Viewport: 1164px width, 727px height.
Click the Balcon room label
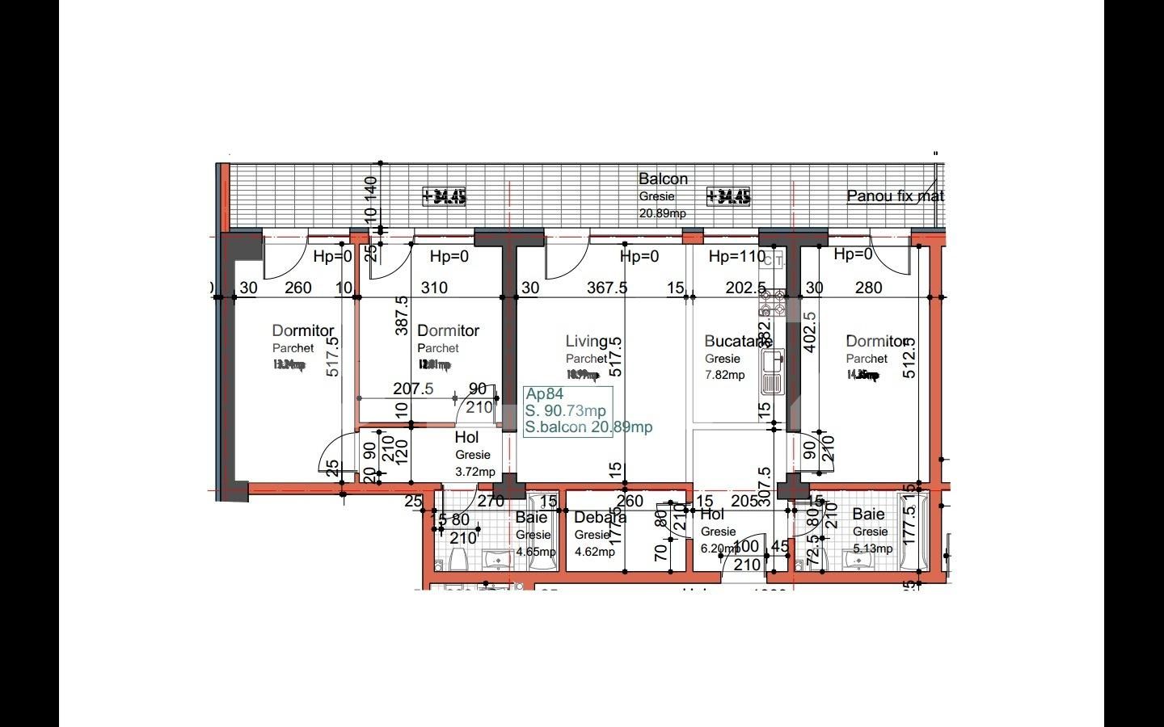[663, 179]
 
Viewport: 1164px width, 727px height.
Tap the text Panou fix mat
[895, 196]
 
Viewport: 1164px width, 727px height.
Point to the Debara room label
[600, 518]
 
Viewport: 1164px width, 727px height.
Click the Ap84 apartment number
[544, 394]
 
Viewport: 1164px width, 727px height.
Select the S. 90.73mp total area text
[565, 411]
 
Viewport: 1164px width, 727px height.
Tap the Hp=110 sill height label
[736, 257]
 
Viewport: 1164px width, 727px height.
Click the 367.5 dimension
[606, 288]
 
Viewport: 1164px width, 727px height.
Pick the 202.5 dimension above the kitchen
[745, 288]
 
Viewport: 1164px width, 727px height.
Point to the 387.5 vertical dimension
[402, 315]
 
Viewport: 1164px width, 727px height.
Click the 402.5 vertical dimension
[811, 332]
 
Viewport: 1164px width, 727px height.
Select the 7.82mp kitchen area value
[724, 375]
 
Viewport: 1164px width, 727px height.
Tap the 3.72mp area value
[474, 472]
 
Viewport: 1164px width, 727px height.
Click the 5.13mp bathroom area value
[872, 548]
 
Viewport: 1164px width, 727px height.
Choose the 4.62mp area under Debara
[594, 553]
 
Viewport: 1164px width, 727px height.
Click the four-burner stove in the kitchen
[772, 303]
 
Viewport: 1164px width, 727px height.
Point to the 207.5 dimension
[413, 389]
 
